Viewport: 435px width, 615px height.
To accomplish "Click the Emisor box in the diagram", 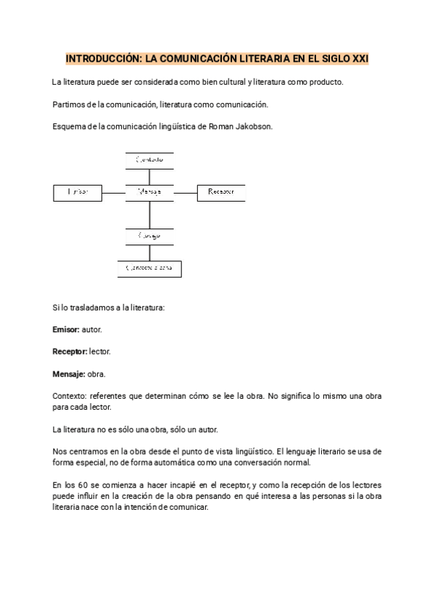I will [x=78, y=192].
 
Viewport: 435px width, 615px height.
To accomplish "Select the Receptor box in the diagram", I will [x=221, y=192].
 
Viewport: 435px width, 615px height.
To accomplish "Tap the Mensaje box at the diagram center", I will [x=149, y=192].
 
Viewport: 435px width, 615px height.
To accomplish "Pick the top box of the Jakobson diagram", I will [x=149, y=160].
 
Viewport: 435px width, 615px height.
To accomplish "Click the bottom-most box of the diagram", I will [x=149, y=268].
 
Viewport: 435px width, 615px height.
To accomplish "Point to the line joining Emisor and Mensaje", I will [x=114, y=192].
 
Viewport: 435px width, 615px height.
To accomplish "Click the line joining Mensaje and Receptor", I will [x=186, y=192].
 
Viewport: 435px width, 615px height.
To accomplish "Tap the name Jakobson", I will [x=253, y=126].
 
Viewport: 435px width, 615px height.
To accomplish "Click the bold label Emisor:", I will [x=66, y=329].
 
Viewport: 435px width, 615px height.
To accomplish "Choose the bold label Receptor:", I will [x=70, y=351].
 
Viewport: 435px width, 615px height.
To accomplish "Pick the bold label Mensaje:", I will [x=69, y=373].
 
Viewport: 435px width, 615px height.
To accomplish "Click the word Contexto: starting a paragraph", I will [x=71, y=396].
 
